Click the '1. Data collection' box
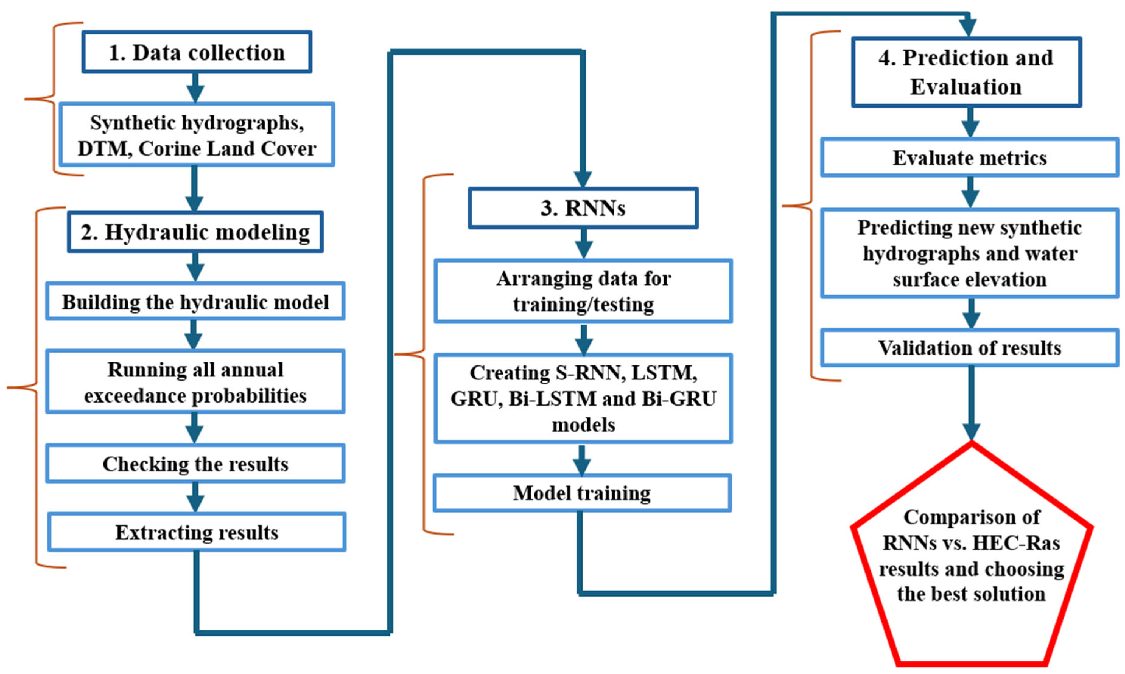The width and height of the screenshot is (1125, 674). pos(197,52)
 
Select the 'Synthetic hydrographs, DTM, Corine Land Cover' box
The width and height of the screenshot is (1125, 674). pos(197,135)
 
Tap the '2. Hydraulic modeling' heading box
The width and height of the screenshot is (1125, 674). pos(195,232)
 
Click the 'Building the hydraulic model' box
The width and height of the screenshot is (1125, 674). pos(195,302)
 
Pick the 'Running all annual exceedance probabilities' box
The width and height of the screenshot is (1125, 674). pos(195,382)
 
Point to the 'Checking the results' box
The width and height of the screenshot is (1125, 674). pos(195,464)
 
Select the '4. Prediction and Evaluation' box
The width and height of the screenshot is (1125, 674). pos(966,72)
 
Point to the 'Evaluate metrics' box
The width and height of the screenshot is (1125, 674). pos(969,157)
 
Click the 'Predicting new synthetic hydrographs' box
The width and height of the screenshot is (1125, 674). pos(969,253)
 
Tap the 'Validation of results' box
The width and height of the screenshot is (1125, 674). pos(969,348)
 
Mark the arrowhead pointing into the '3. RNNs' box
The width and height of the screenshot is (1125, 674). pos(583,179)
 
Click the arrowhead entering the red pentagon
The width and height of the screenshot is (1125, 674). pos(971,432)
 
